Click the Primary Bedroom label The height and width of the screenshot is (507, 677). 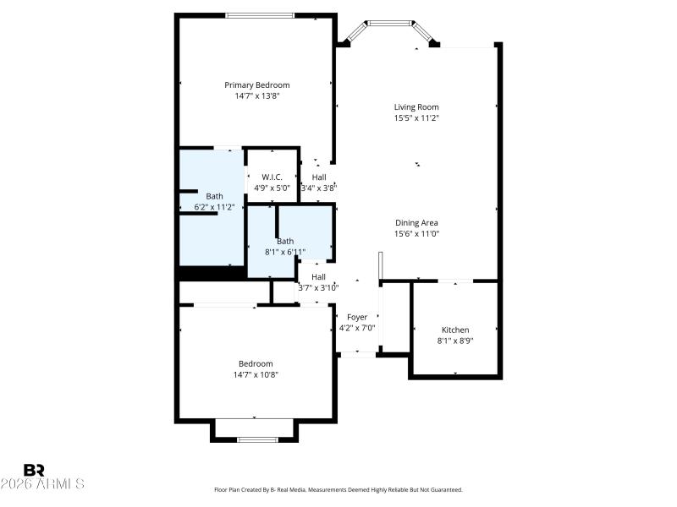[x=256, y=84]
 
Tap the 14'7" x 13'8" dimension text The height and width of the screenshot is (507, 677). [x=256, y=96]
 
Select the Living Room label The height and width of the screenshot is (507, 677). [x=416, y=106]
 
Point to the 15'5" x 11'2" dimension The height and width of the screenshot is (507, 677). [x=416, y=118]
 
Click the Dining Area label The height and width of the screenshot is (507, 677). [x=416, y=222]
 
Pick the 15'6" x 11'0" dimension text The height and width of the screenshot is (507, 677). [x=416, y=234]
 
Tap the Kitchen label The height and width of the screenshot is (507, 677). [x=455, y=330]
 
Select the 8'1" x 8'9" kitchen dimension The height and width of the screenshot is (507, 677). [x=455, y=341]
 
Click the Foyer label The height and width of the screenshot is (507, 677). [x=357, y=317]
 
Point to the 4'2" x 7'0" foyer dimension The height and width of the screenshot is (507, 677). [x=357, y=328]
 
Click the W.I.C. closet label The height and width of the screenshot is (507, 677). [x=272, y=177]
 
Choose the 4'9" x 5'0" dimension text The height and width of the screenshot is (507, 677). [x=272, y=188]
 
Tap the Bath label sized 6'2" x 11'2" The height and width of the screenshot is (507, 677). [x=215, y=196]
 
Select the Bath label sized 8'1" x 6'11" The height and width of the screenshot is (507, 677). [x=285, y=241]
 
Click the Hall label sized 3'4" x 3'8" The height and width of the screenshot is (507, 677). [x=319, y=177]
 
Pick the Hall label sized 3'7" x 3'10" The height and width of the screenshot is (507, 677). [x=318, y=276]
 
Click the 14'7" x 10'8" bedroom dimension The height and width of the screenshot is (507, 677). [x=256, y=374]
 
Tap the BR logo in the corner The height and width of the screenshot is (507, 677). [x=34, y=470]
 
